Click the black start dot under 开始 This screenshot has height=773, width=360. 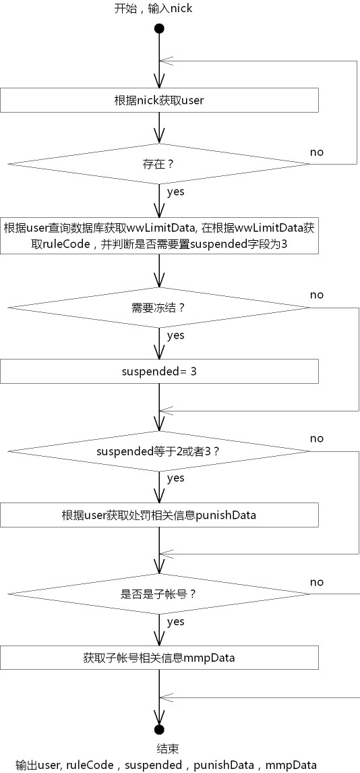point(159,28)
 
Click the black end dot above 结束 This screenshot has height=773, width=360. point(159,729)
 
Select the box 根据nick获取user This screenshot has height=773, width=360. point(159,101)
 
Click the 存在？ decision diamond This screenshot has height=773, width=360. point(159,164)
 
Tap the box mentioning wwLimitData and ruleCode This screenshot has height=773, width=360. point(159,235)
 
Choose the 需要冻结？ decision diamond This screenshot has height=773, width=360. point(159,307)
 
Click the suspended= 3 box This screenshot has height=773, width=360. point(159,371)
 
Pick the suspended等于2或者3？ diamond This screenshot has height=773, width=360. point(159,451)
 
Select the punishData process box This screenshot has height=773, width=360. point(159,515)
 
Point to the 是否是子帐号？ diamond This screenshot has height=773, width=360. point(159,594)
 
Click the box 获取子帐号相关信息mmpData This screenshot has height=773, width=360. point(159,658)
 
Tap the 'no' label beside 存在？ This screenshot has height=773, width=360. point(317,152)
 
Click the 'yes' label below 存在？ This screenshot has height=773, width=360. point(176,192)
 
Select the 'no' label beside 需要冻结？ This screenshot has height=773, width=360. point(317,295)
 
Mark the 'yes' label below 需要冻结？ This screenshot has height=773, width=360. point(176,335)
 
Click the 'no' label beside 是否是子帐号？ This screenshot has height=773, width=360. point(317,582)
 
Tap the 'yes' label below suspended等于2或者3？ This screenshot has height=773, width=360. point(176,478)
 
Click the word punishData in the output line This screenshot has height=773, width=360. point(224,765)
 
